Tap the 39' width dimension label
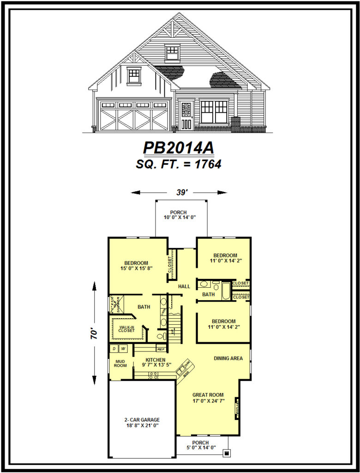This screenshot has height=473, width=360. point(180,192)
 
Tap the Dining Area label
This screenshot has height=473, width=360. point(228,358)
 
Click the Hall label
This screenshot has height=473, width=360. point(184,286)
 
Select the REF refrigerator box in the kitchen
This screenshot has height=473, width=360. point(161,349)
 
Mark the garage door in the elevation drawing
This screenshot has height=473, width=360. point(134,115)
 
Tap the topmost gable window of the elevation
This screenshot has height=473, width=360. point(172,52)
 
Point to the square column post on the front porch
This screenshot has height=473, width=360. point(226,453)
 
